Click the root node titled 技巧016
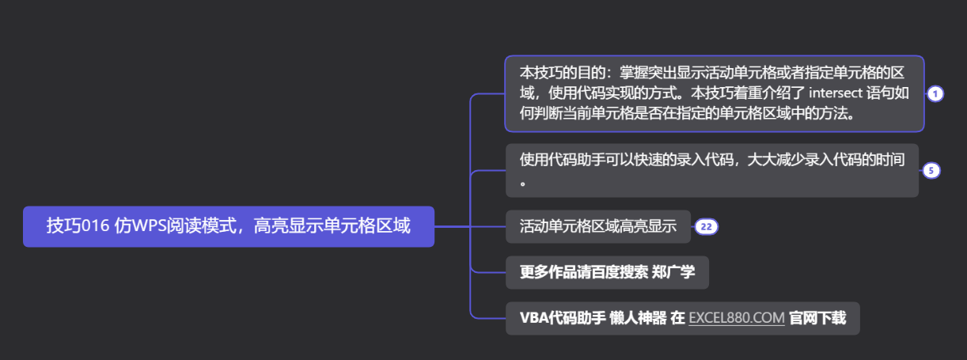coord(228,226)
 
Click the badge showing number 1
coord(935,94)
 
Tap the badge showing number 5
coord(931,170)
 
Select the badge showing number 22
coord(706,227)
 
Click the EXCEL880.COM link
coord(737,318)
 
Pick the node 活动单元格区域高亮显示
coord(597,227)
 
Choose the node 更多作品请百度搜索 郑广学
coord(607,273)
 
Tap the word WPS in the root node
coord(148,226)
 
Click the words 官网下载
coord(817,318)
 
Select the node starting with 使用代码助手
coord(711,170)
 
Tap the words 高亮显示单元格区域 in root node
coord(332,226)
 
